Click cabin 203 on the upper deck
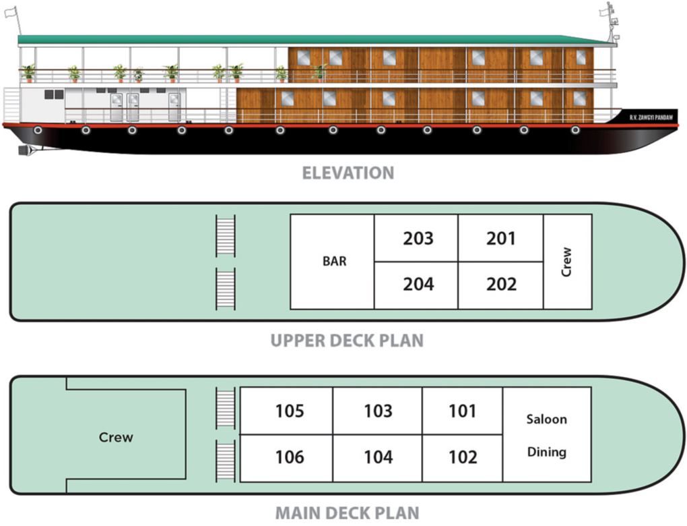(x=418, y=239)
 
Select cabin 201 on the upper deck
(x=500, y=239)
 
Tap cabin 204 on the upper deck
(x=418, y=285)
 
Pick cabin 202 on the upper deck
(x=500, y=285)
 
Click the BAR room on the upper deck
(x=333, y=262)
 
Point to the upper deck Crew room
(x=567, y=262)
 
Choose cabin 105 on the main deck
(x=288, y=411)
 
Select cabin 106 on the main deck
(x=288, y=458)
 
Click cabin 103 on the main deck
(x=378, y=411)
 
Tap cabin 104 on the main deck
(x=378, y=458)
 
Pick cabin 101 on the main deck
(x=462, y=411)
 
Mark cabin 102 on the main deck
(x=462, y=458)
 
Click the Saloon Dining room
(x=546, y=435)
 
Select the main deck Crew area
(x=116, y=437)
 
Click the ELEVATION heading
(x=348, y=173)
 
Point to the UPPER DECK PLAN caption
(x=347, y=341)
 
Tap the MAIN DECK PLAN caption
(x=347, y=513)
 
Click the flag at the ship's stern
(x=10, y=12)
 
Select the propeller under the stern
(x=24, y=149)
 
